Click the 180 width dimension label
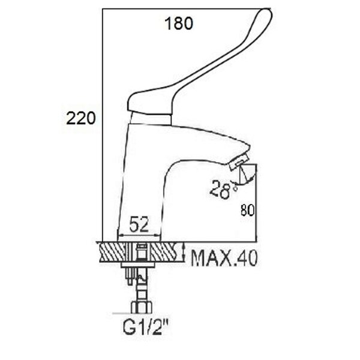(179, 23)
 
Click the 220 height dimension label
(80, 118)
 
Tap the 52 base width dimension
(139, 224)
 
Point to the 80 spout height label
(247, 210)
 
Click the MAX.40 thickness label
(224, 258)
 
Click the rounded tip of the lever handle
(266, 14)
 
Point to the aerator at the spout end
(239, 162)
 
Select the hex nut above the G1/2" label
(142, 308)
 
